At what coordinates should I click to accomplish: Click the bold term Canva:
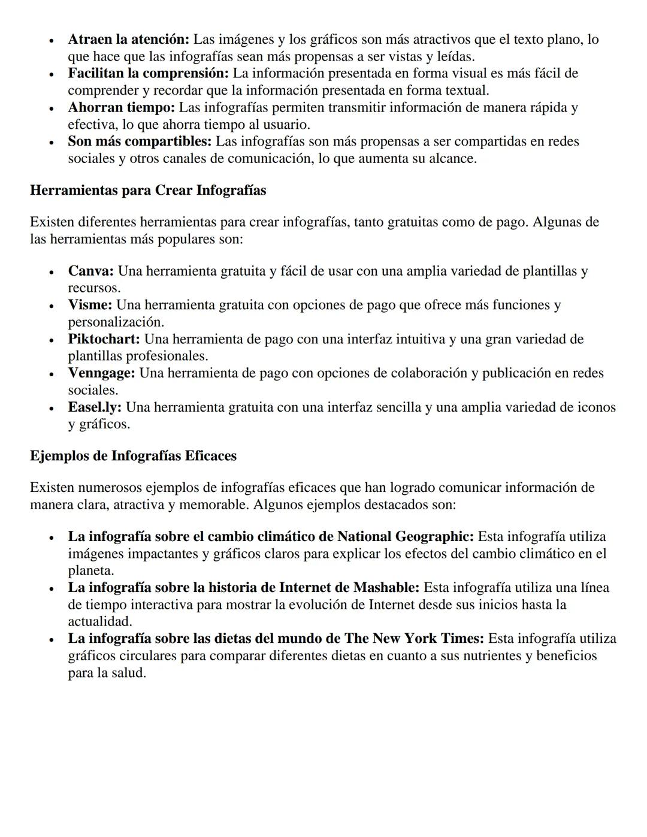pyautogui.click(x=90, y=271)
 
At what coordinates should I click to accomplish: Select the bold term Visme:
pyautogui.click(x=90, y=305)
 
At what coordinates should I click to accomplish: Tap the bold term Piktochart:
pyautogui.click(x=104, y=339)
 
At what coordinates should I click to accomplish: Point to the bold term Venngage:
pyautogui.click(x=101, y=373)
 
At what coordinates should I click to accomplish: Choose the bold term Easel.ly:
pyautogui.click(x=95, y=407)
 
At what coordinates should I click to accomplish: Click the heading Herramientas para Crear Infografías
pyautogui.click(x=148, y=191)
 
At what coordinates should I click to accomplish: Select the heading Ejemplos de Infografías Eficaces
pyautogui.click(x=133, y=456)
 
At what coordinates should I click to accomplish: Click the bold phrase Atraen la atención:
pyautogui.click(x=128, y=40)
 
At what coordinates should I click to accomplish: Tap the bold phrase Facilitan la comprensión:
pyautogui.click(x=148, y=74)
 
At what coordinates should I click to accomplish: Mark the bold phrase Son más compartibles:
pyautogui.click(x=140, y=142)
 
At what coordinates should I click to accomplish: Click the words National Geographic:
pyautogui.click(x=405, y=536)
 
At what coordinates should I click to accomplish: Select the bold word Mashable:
pyautogui.click(x=386, y=588)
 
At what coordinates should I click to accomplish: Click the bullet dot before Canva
pyautogui.click(x=53, y=272)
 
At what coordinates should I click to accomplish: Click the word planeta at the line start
pyautogui.click(x=90, y=571)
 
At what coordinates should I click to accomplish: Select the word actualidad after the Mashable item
pyautogui.click(x=99, y=622)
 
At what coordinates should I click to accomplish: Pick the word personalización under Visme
pyautogui.click(x=115, y=322)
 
